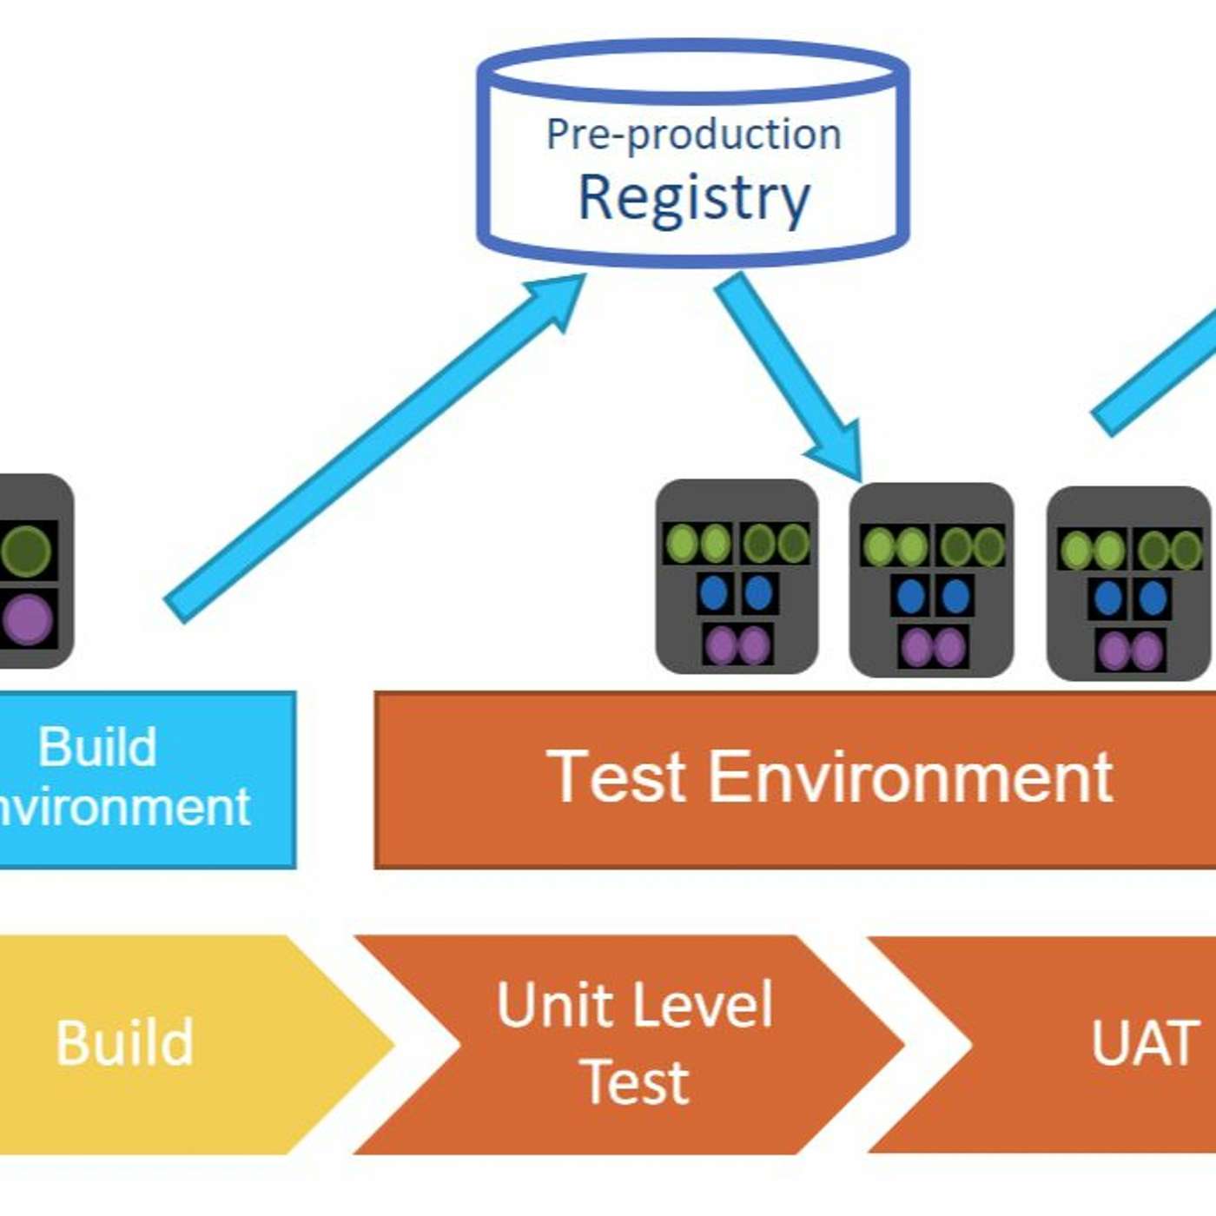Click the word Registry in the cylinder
point(694,198)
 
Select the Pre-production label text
point(694,135)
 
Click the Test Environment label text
point(829,777)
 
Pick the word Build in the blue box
point(97,747)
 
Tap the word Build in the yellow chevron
point(124,1042)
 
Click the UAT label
point(1145,1042)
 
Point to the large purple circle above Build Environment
point(29,619)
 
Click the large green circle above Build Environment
point(27,551)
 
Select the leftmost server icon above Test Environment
point(737,577)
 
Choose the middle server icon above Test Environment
point(931,580)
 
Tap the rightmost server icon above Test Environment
point(1128,583)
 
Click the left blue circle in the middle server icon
point(910,597)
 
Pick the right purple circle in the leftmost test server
point(754,645)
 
